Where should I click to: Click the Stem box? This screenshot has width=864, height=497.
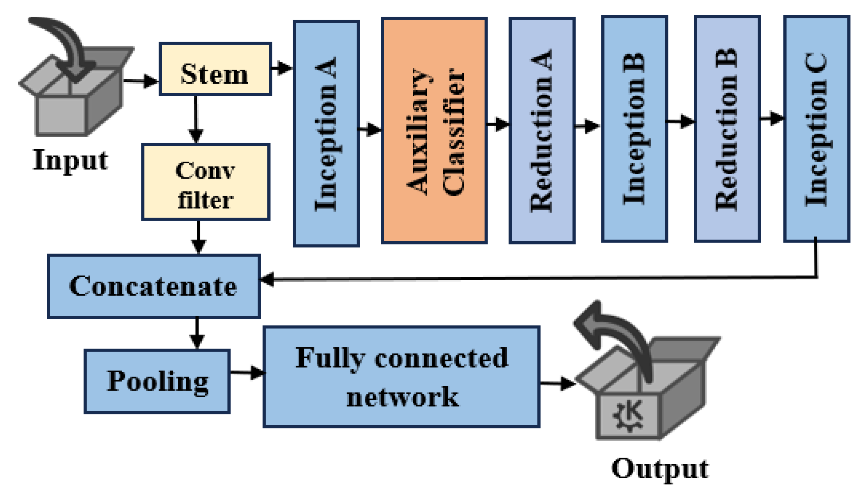215,69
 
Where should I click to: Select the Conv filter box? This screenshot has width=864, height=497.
206,182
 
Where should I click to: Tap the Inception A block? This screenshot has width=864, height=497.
326,133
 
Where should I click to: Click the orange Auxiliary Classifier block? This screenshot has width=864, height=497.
434,130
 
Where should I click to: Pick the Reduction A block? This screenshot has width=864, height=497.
542,130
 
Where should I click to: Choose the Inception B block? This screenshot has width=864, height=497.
634,129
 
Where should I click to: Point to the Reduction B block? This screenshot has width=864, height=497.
727,129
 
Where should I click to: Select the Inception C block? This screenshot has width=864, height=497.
817,129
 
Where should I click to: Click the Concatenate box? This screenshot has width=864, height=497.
154,287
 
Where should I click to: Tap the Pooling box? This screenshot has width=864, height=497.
157,381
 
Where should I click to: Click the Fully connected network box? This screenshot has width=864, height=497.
401,377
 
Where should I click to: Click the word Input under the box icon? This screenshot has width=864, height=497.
71,160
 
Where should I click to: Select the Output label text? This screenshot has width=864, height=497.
660,469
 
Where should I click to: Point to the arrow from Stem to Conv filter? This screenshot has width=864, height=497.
195,120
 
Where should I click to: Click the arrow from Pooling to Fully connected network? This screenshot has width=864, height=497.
247,373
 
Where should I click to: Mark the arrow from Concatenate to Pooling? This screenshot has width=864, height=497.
197,333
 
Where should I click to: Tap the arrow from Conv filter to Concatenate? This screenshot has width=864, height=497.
199,237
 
